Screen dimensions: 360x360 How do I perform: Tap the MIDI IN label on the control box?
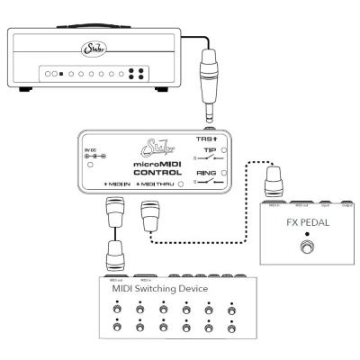117,184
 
